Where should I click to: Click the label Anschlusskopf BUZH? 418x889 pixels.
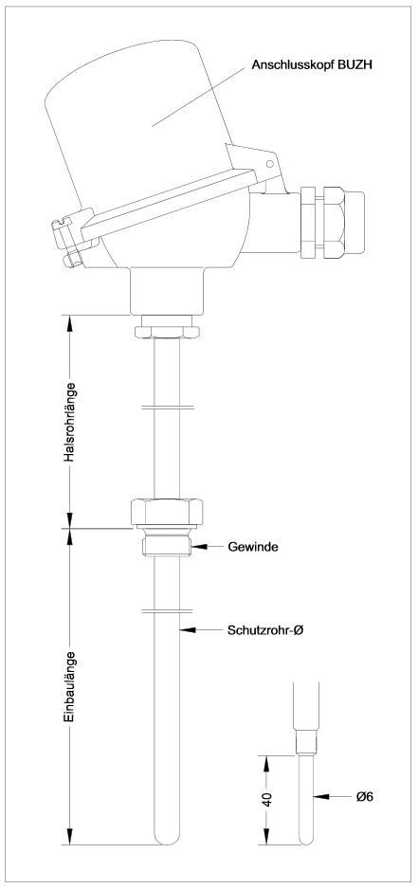click(x=312, y=65)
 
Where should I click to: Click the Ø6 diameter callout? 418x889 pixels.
click(x=365, y=796)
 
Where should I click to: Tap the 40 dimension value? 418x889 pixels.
click(x=268, y=799)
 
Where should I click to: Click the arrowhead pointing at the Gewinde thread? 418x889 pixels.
click(x=198, y=547)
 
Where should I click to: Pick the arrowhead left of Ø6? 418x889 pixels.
click(x=321, y=796)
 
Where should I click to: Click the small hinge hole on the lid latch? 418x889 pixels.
click(x=270, y=164)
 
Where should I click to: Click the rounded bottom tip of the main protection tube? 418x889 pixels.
click(x=167, y=840)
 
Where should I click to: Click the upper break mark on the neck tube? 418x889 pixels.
click(x=166, y=408)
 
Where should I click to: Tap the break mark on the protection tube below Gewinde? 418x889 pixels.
click(x=166, y=611)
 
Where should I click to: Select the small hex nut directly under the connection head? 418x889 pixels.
click(x=167, y=331)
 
